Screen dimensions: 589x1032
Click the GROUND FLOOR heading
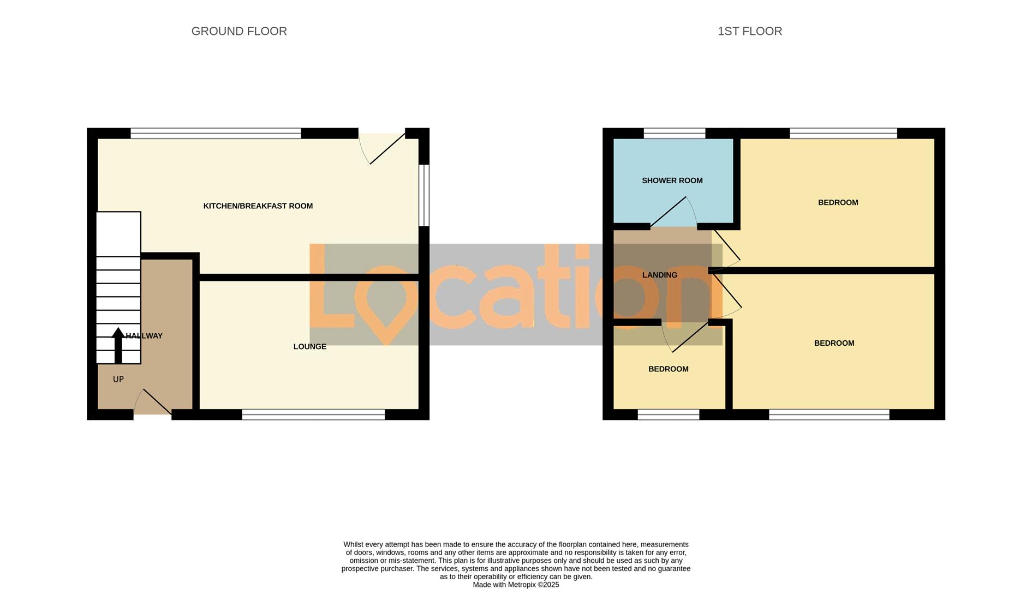click(x=239, y=32)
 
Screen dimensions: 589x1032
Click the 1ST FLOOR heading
click(x=749, y=32)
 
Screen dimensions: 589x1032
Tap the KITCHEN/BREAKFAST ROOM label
click(x=258, y=206)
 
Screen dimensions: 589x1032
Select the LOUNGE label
click(x=309, y=347)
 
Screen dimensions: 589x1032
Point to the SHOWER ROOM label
click(x=672, y=181)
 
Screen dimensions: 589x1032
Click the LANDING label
click(x=659, y=275)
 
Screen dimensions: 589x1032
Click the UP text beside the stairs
click(x=118, y=380)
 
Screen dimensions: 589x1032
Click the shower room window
click(x=674, y=133)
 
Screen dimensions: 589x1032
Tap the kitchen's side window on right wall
click(x=424, y=195)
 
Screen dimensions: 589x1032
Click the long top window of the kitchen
click(x=216, y=133)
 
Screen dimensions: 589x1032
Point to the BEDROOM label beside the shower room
click(x=838, y=203)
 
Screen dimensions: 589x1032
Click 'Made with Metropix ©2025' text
click(x=516, y=585)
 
